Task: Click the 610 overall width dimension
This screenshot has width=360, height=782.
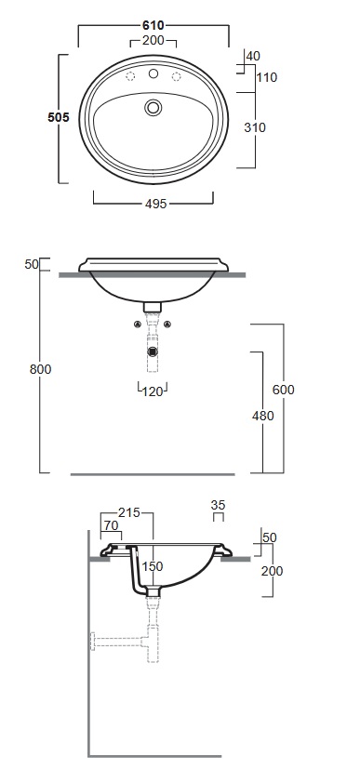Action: coord(153,25)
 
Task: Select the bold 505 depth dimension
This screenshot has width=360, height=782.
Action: coord(59,118)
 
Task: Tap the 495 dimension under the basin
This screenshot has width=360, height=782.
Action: coord(155,204)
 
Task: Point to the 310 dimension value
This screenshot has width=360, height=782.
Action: coord(255,127)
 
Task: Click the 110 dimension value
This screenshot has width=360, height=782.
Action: coord(267,77)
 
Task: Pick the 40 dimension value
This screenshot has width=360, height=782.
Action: coord(253,56)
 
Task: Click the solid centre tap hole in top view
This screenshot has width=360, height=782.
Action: coord(153,74)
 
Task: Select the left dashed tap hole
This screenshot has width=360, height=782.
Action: coord(130,76)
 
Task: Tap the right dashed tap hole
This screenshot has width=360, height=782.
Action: coord(176,76)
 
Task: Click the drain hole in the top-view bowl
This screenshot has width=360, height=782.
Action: coord(153,107)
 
